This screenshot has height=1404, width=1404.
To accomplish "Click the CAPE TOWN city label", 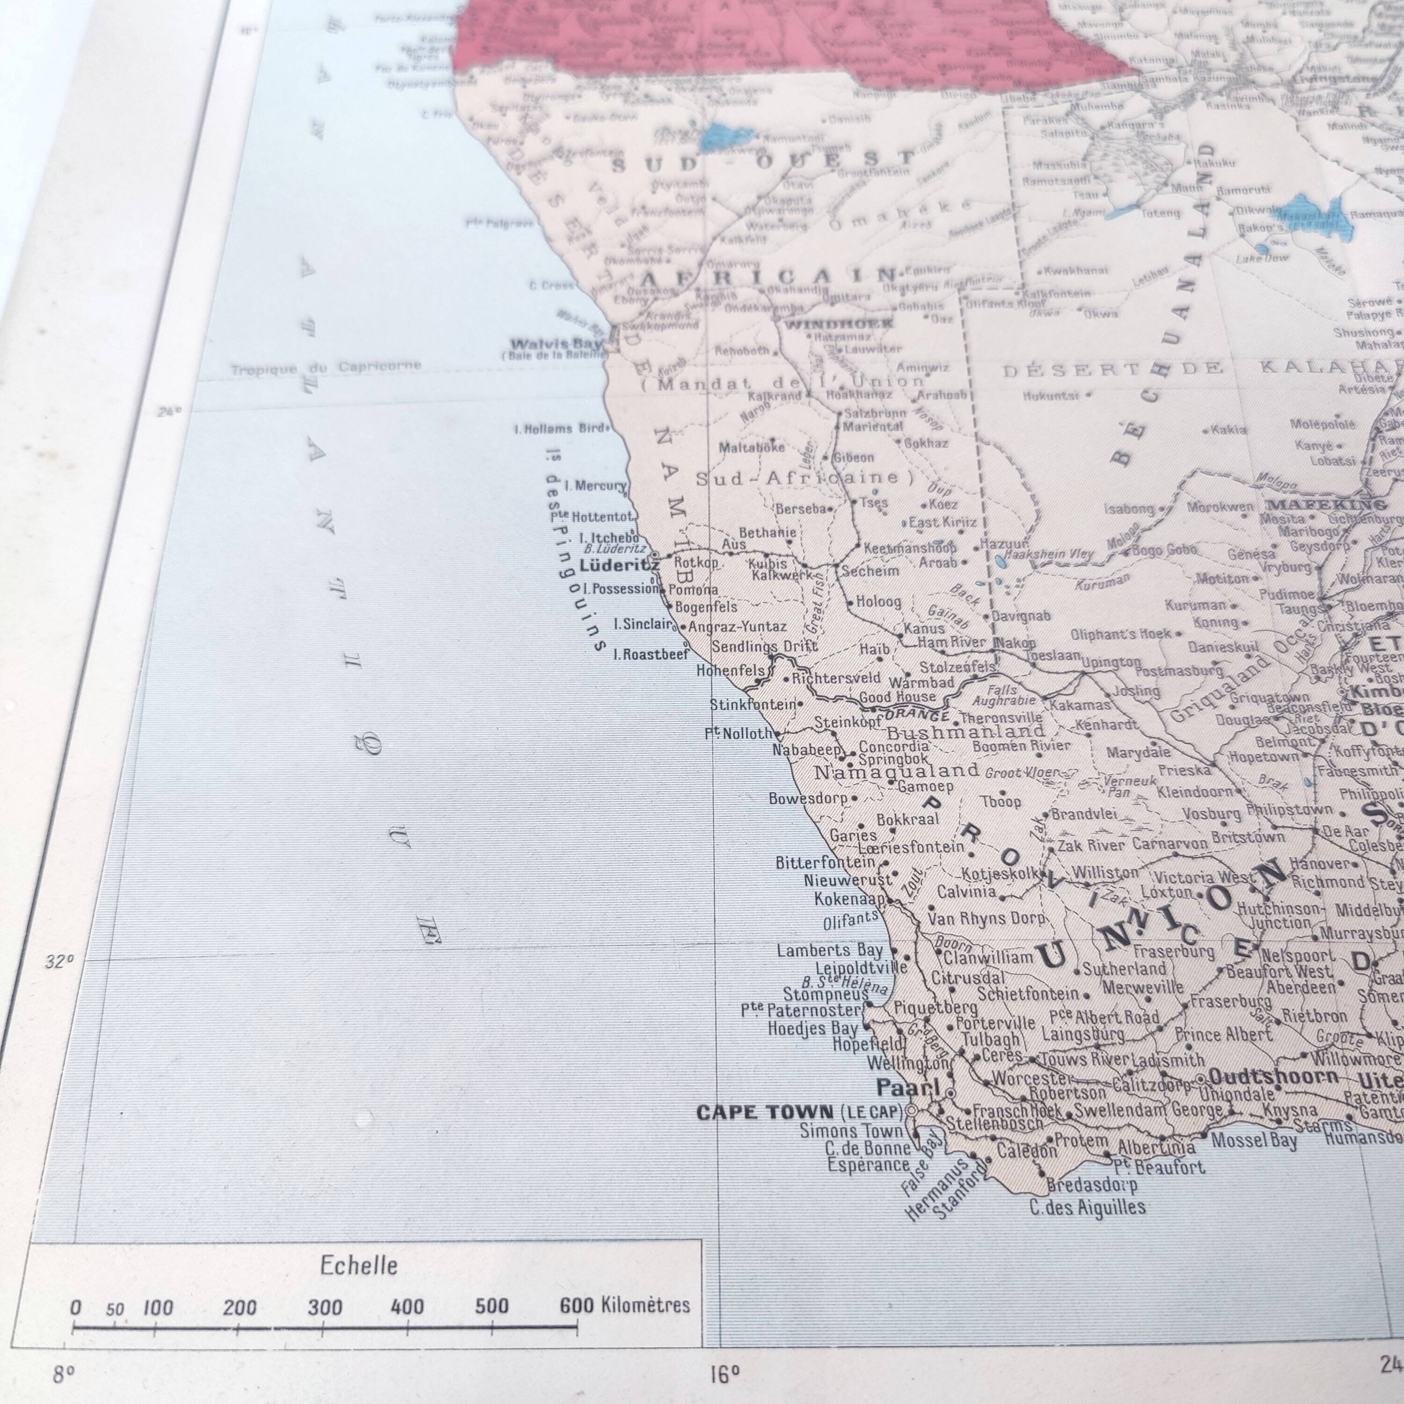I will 765,1112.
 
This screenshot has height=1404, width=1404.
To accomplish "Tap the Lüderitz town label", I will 619,565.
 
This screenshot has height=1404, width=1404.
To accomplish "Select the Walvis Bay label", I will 556,344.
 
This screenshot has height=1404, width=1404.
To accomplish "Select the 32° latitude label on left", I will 59,961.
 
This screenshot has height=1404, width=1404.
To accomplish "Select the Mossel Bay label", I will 1254,1140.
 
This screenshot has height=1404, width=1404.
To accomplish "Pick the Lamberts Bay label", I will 829,950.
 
